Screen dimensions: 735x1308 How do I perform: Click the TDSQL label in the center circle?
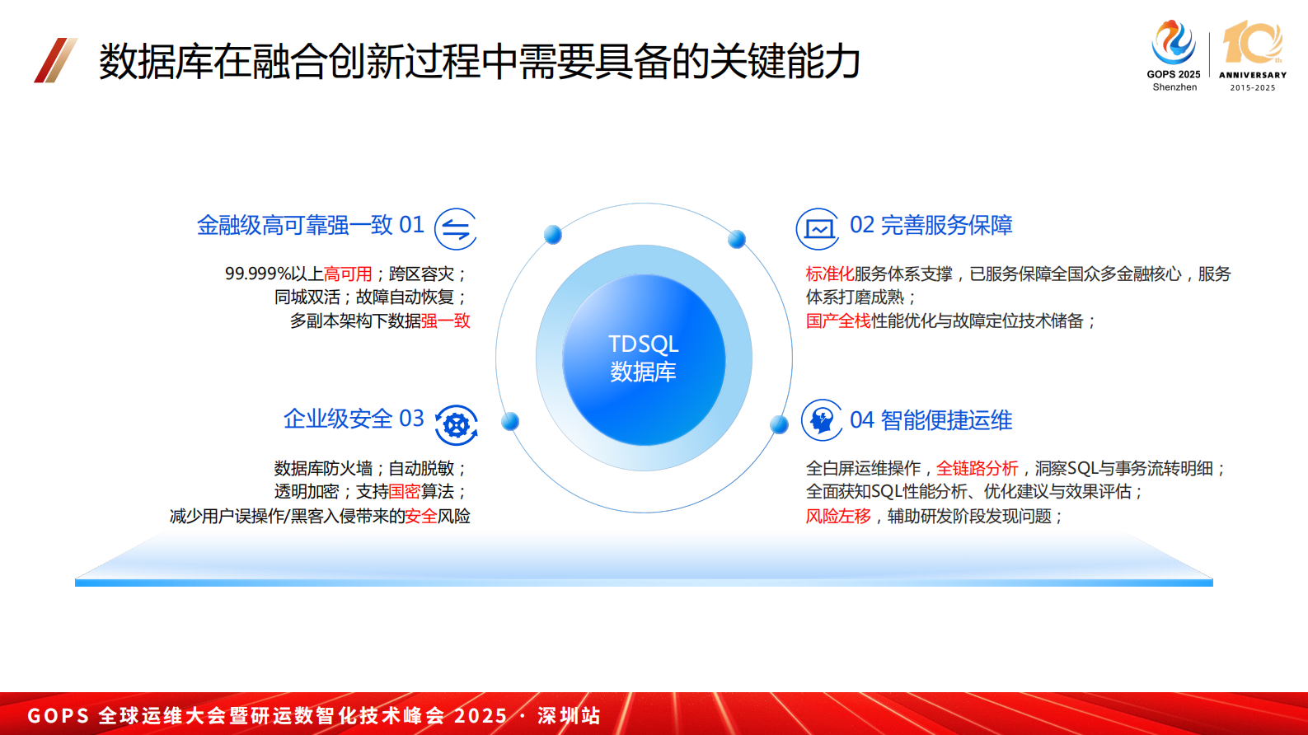click(643, 344)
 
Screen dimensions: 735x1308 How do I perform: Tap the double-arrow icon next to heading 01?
click(456, 229)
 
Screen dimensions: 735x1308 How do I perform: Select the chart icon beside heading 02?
click(818, 229)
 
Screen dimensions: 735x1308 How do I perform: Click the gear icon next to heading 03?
click(456, 425)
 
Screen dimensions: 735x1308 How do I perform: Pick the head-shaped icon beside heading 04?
click(821, 420)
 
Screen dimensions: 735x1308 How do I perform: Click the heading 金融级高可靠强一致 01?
click(310, 225)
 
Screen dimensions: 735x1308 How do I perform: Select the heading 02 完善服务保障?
click(931, 225)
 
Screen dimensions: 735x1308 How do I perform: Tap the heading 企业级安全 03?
click(354, 419)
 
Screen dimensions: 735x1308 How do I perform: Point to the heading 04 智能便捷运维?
click(931, 420)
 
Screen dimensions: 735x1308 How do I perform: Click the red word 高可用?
click(348, 274)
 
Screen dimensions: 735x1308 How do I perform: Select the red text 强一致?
click(445, 321)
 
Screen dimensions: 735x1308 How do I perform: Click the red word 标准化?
click(829, 274)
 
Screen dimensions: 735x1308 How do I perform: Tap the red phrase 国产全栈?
click(837, 321)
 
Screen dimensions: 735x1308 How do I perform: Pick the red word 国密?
click(405, 491)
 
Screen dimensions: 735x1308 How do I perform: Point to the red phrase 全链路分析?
click(977, 468)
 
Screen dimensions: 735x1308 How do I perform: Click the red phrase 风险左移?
click(837, 516)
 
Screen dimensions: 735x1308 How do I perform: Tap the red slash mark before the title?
click(55, 60)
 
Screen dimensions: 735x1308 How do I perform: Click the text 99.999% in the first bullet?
click(257, 274)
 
